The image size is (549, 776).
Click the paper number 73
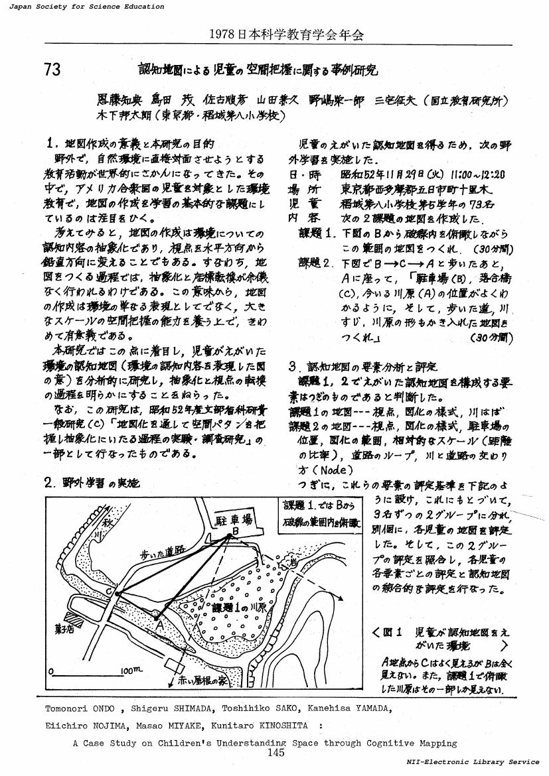coord(52,70)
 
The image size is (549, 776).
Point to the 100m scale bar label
coord(132,671)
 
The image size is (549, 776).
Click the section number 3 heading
coord(293,365)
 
